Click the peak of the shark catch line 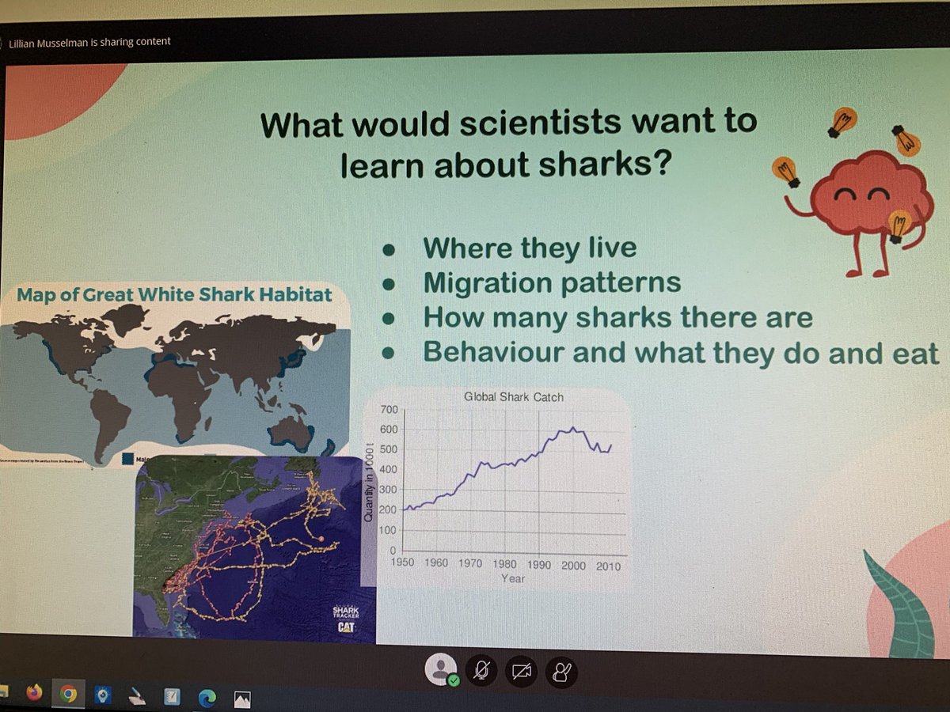pos(572,428)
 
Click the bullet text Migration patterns pos(552,282)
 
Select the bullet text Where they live pos(530,248)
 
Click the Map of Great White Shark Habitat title pos(174,296)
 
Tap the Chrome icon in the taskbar pos(68,695)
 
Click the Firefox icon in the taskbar pos(33,694)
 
